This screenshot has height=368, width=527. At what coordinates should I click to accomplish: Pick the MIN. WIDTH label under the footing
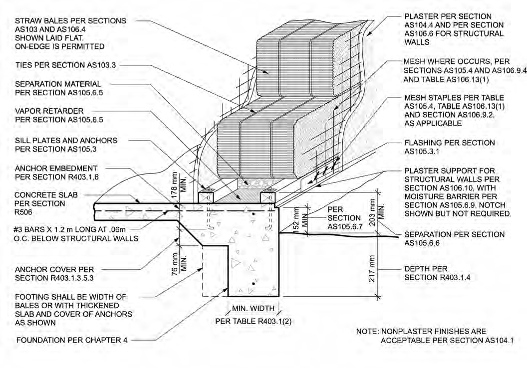point(254,308)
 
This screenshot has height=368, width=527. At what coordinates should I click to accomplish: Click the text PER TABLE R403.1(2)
point(253,321)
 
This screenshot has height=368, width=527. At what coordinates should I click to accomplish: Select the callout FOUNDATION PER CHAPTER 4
point(72,341)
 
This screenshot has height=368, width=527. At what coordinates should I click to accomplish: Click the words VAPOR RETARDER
point(49,111)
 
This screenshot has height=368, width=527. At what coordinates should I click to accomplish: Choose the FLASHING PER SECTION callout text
point(449,143)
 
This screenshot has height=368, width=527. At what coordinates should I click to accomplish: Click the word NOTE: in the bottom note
point(367,332)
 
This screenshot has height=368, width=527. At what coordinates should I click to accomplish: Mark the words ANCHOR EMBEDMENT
point(56,169)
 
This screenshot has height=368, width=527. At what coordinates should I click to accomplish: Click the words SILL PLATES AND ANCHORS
point(66,141)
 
